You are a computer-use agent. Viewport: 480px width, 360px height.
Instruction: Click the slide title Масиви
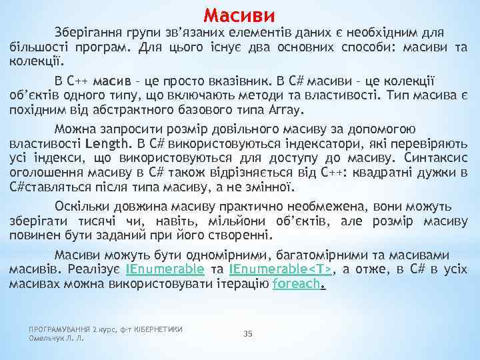click(239, 14)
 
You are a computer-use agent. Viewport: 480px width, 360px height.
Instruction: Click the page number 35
click(248, 333)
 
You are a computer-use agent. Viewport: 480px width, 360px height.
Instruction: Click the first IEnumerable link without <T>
click(165, 269)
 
